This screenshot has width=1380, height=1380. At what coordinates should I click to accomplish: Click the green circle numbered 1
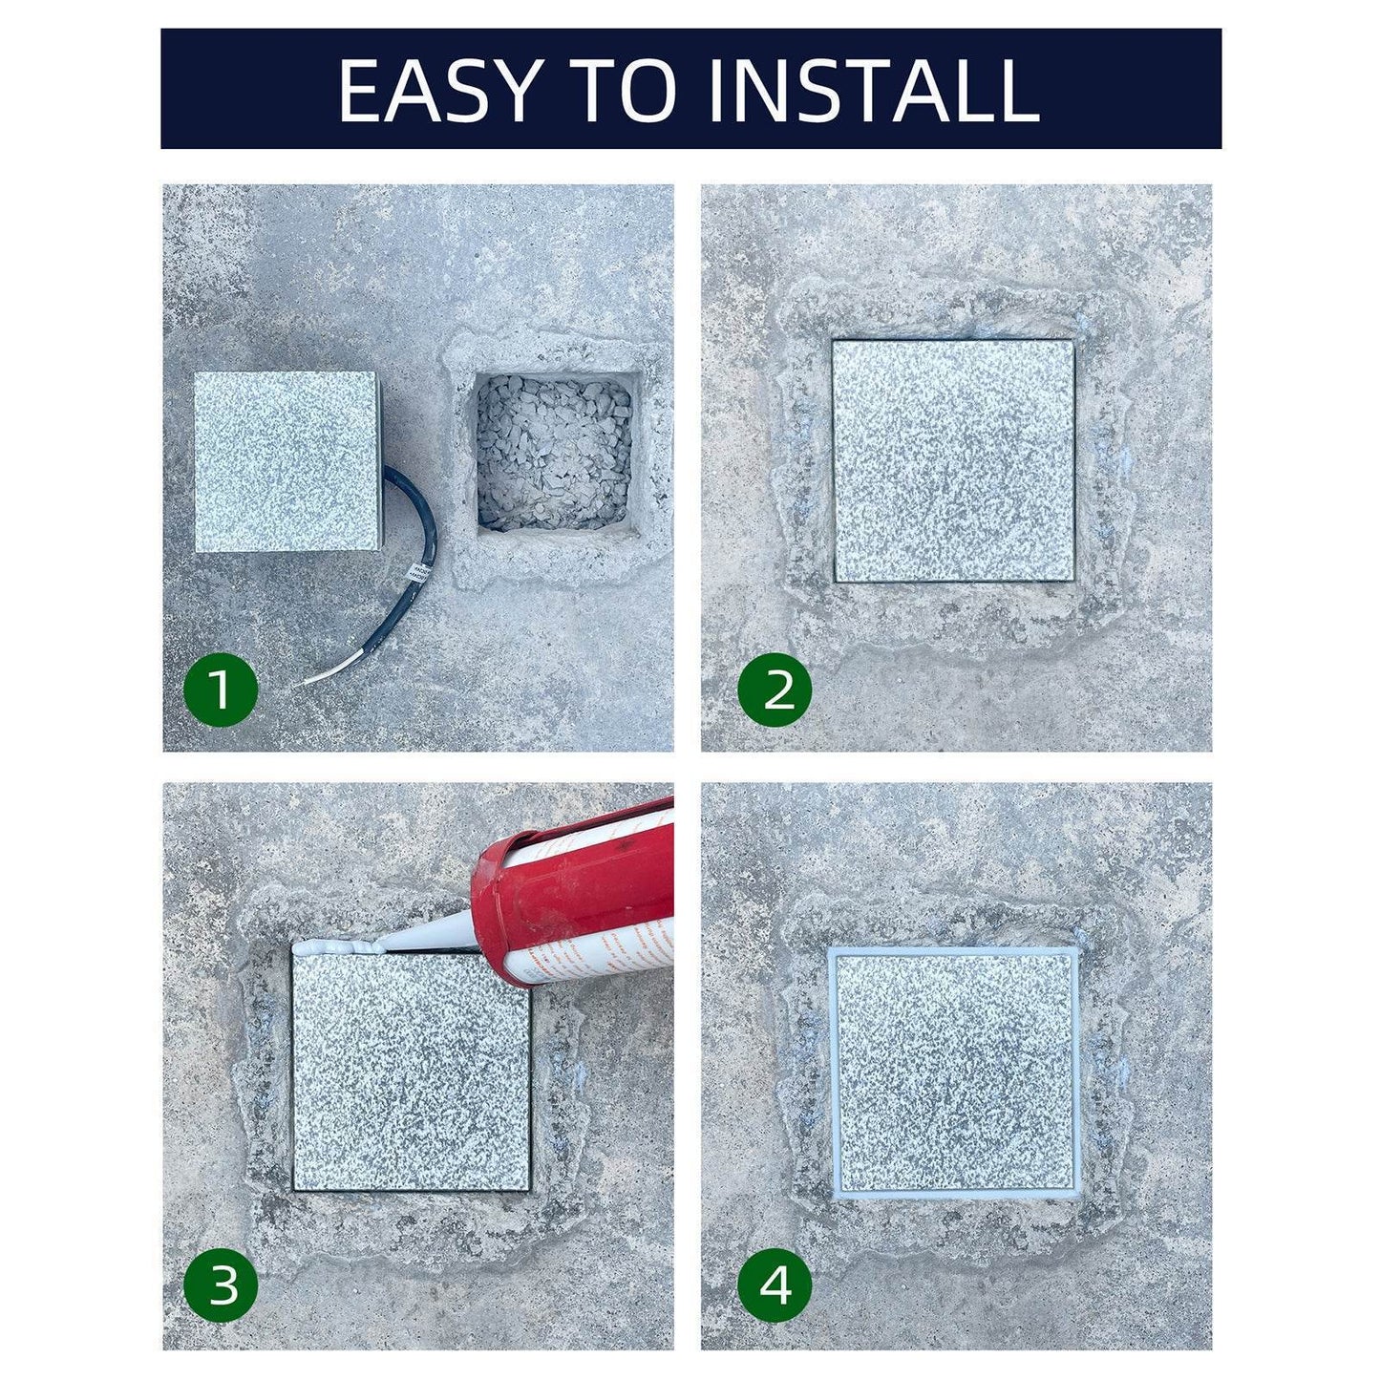221,689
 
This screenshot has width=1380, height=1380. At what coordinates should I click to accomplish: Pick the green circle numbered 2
775,689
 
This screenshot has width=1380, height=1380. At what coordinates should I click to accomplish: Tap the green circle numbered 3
221,1285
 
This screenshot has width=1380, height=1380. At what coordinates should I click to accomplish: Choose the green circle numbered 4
775,1285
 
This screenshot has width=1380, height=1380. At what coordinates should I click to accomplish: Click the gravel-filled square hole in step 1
554,453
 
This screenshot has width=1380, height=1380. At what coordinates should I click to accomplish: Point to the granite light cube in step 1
286,461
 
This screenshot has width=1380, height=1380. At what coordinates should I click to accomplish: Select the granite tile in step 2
953,460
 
